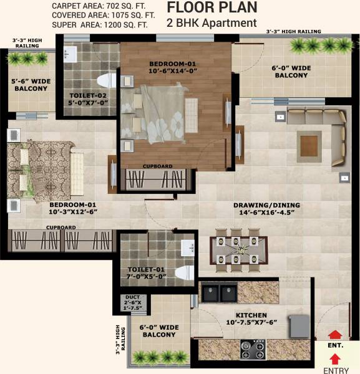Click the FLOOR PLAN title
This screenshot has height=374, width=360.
tap(212, 8)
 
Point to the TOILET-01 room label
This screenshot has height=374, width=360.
tap(146, 272)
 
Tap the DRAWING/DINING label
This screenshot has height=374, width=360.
tap(266, 209)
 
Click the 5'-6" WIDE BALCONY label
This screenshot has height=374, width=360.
tap(31, 85)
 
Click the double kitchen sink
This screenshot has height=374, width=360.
tap(220, 292)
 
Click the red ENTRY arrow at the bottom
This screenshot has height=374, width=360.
tap(334, 358)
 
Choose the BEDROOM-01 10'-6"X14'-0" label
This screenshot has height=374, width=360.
tap(172, 67)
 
